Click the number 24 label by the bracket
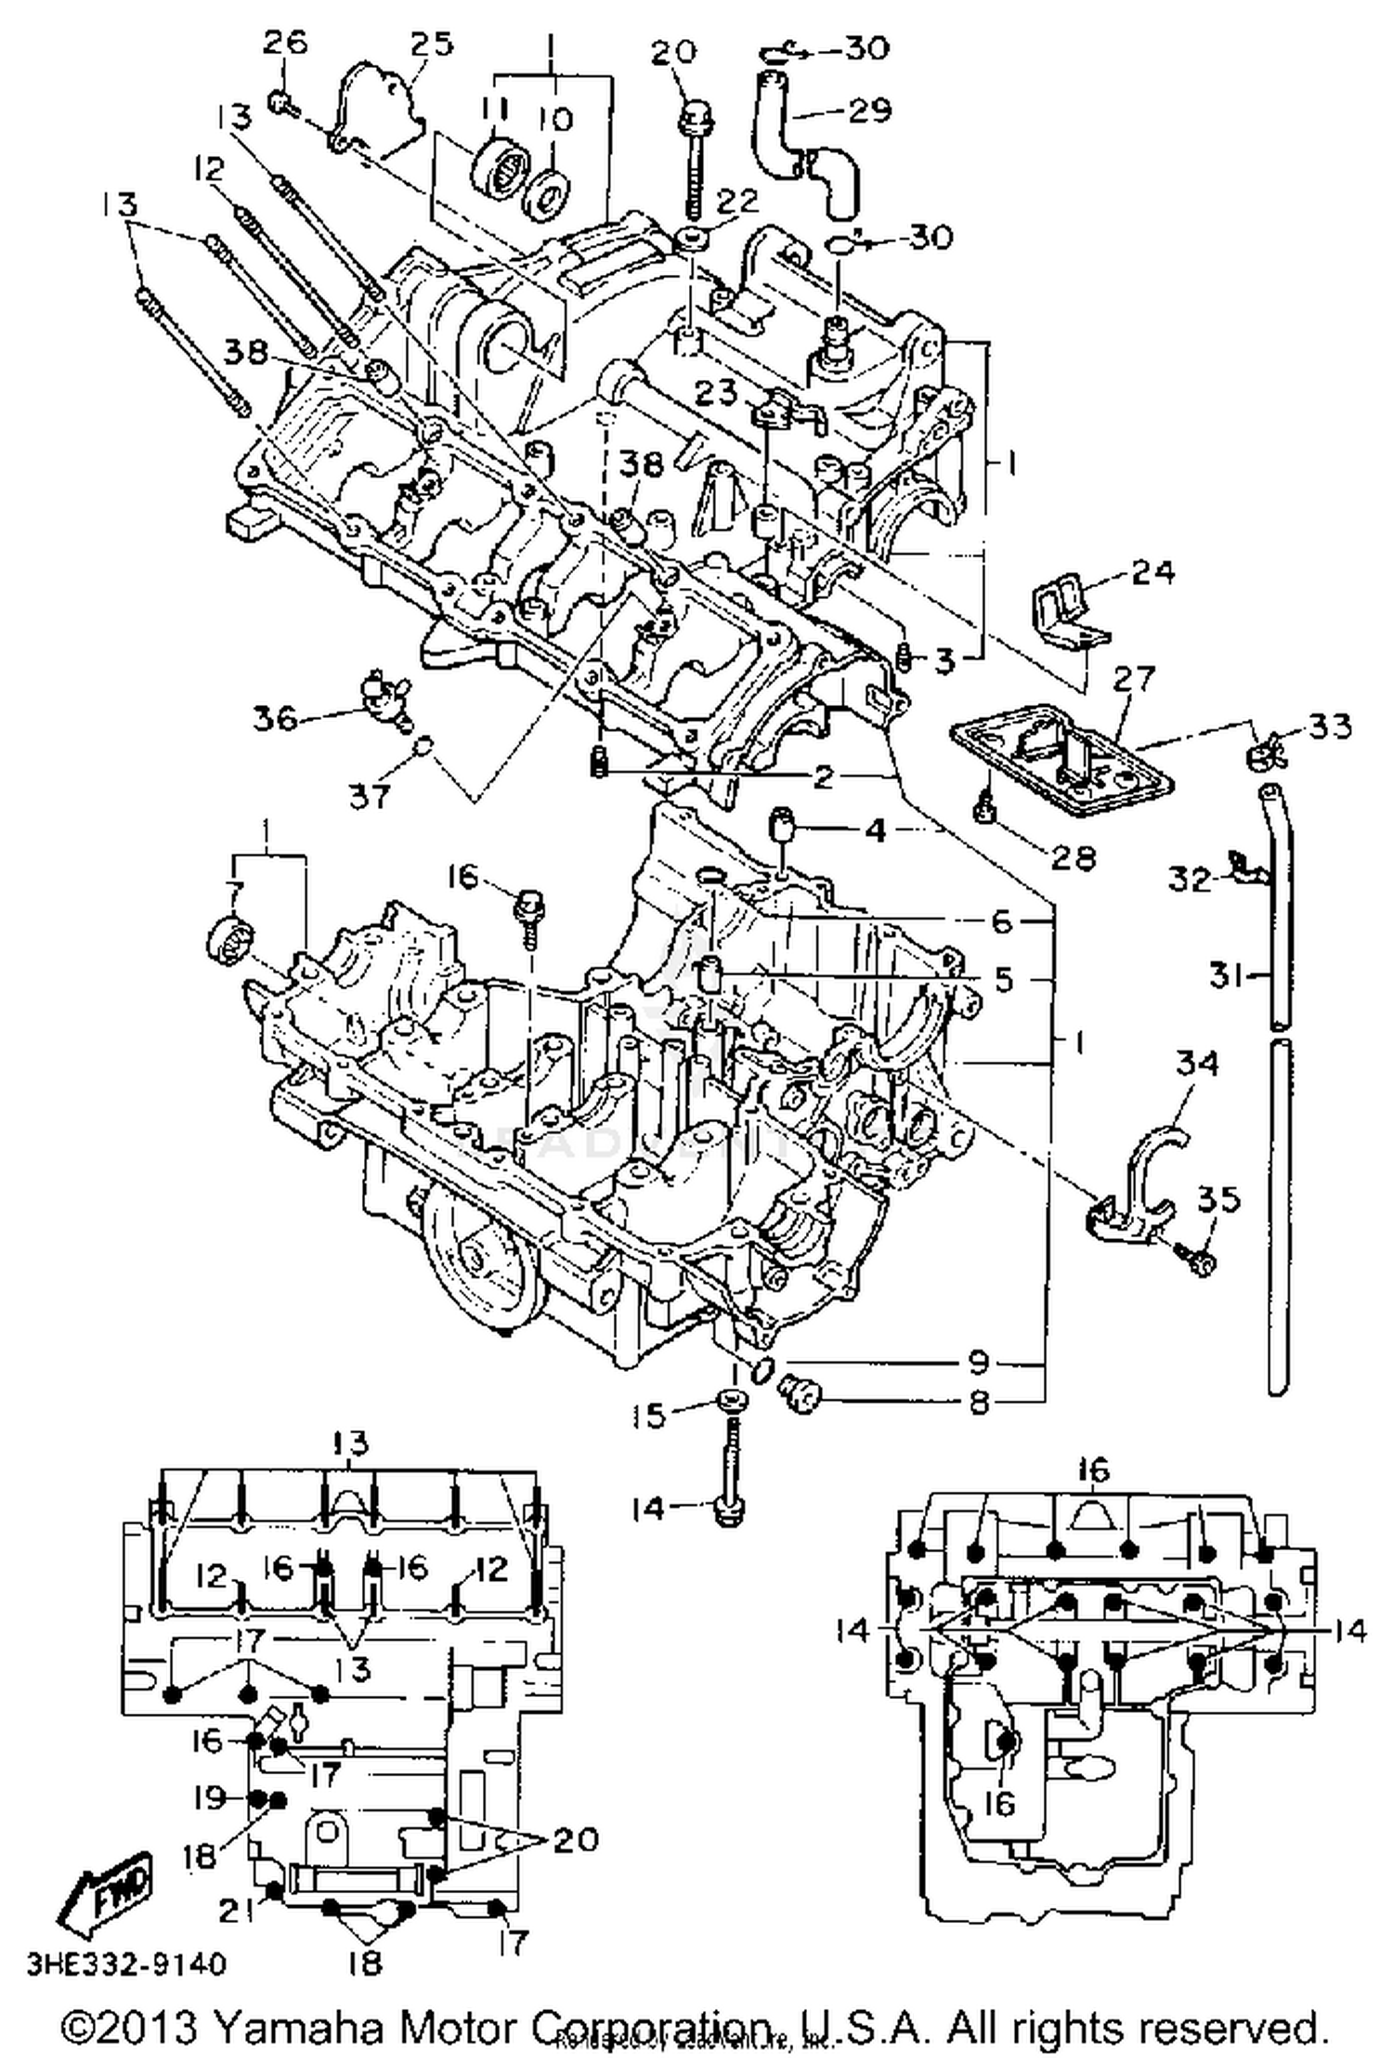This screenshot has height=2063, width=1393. pos(1152,571)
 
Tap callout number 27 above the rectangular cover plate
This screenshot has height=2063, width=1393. pos(1132,680)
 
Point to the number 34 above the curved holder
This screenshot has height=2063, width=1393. pos(1196,1064)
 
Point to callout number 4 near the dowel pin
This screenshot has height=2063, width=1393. pos(875,829)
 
